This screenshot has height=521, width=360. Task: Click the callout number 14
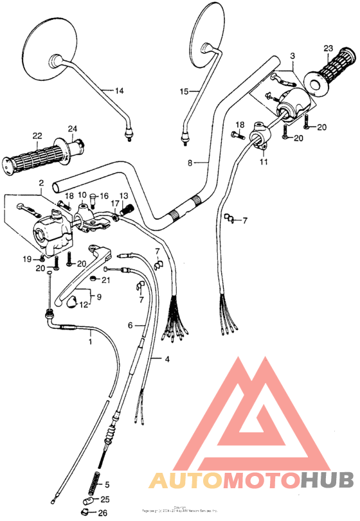coord(119,91)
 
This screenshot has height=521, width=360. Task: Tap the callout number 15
coord(184,92)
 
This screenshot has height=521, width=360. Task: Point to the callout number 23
coord(327,49)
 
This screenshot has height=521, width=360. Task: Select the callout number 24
coord(72,128)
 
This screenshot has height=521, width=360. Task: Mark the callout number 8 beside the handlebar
coord(190,163)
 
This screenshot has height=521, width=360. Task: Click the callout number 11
coord(263,164)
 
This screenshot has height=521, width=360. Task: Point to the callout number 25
coord(105,499)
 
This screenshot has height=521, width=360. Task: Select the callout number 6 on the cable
coord(130,326)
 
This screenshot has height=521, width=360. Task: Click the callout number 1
coord(90,341)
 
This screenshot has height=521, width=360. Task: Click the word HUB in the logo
coord(327,480)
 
